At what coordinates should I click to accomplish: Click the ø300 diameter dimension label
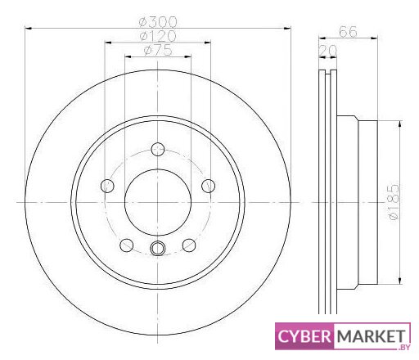158,22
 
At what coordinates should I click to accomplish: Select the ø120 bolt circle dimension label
158,36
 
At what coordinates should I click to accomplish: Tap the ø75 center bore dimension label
158,50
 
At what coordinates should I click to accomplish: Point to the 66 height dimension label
348,32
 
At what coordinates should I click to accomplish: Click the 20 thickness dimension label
328,50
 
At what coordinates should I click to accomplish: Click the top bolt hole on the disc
158,149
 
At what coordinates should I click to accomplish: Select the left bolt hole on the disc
107,186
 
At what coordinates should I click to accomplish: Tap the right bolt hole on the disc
208,186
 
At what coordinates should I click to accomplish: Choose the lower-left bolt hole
127,245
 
